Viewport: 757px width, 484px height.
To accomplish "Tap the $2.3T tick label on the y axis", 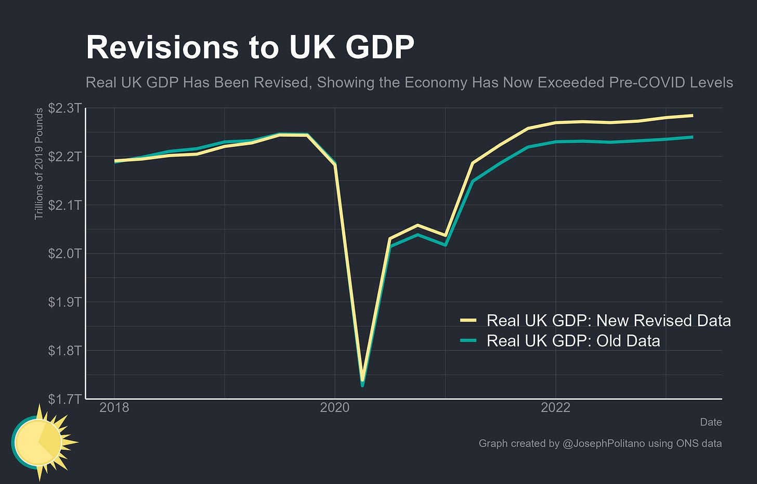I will [64, 108].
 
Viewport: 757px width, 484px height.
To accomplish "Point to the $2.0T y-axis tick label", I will [64, 253].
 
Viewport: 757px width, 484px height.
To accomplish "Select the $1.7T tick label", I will [64, 399].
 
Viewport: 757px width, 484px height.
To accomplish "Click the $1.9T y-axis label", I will [64, 302].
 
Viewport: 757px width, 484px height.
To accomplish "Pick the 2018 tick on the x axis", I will [114, 407].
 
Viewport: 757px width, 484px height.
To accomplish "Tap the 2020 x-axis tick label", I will [335, 407].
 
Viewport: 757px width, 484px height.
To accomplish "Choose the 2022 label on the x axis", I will [556, 407].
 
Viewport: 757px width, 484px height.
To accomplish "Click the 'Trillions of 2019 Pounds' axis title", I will [39, 164].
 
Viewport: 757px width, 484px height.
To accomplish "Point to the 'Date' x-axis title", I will [710, 422].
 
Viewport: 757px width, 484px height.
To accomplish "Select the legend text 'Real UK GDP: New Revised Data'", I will [608, 321].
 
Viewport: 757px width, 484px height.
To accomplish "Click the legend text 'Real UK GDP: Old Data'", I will [573, 341].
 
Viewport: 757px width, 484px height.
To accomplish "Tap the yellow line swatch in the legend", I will [468, 321].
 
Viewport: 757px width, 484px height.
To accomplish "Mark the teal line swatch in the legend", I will [468, 341].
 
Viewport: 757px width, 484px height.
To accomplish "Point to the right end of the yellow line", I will [692, 116].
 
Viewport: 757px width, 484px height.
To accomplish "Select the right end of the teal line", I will [692, 137].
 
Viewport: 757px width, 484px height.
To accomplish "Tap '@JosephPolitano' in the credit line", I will [604, 443].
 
